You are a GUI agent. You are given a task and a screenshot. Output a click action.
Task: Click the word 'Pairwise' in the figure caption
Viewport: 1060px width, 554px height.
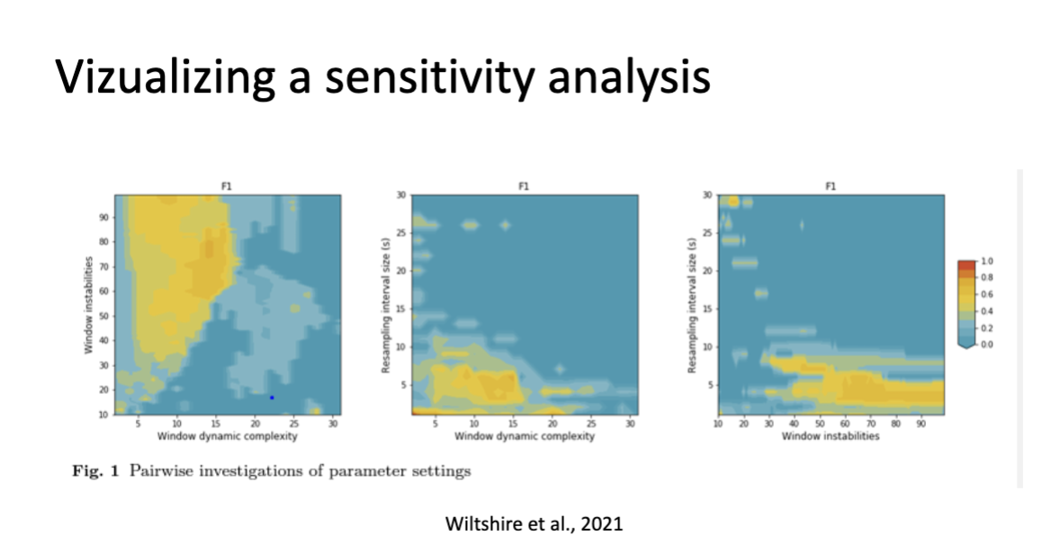tap(163, 471)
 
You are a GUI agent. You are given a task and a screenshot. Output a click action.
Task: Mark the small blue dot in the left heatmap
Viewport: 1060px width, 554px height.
tap(272, 398)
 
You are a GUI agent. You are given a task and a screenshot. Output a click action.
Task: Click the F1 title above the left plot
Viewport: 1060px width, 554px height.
tap(228, 187)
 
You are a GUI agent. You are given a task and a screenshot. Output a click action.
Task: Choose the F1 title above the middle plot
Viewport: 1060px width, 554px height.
tap(523, 187)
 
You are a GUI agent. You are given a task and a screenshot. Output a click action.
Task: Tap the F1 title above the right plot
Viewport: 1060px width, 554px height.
tap(830, 187)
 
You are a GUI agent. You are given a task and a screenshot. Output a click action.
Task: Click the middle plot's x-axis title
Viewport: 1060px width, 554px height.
tap(524, 436)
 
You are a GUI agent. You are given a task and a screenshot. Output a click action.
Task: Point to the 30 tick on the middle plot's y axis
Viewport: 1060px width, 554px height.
tap(401, 195)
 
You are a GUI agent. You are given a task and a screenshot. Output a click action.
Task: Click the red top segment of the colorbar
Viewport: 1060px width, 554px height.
tap(967, 264)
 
